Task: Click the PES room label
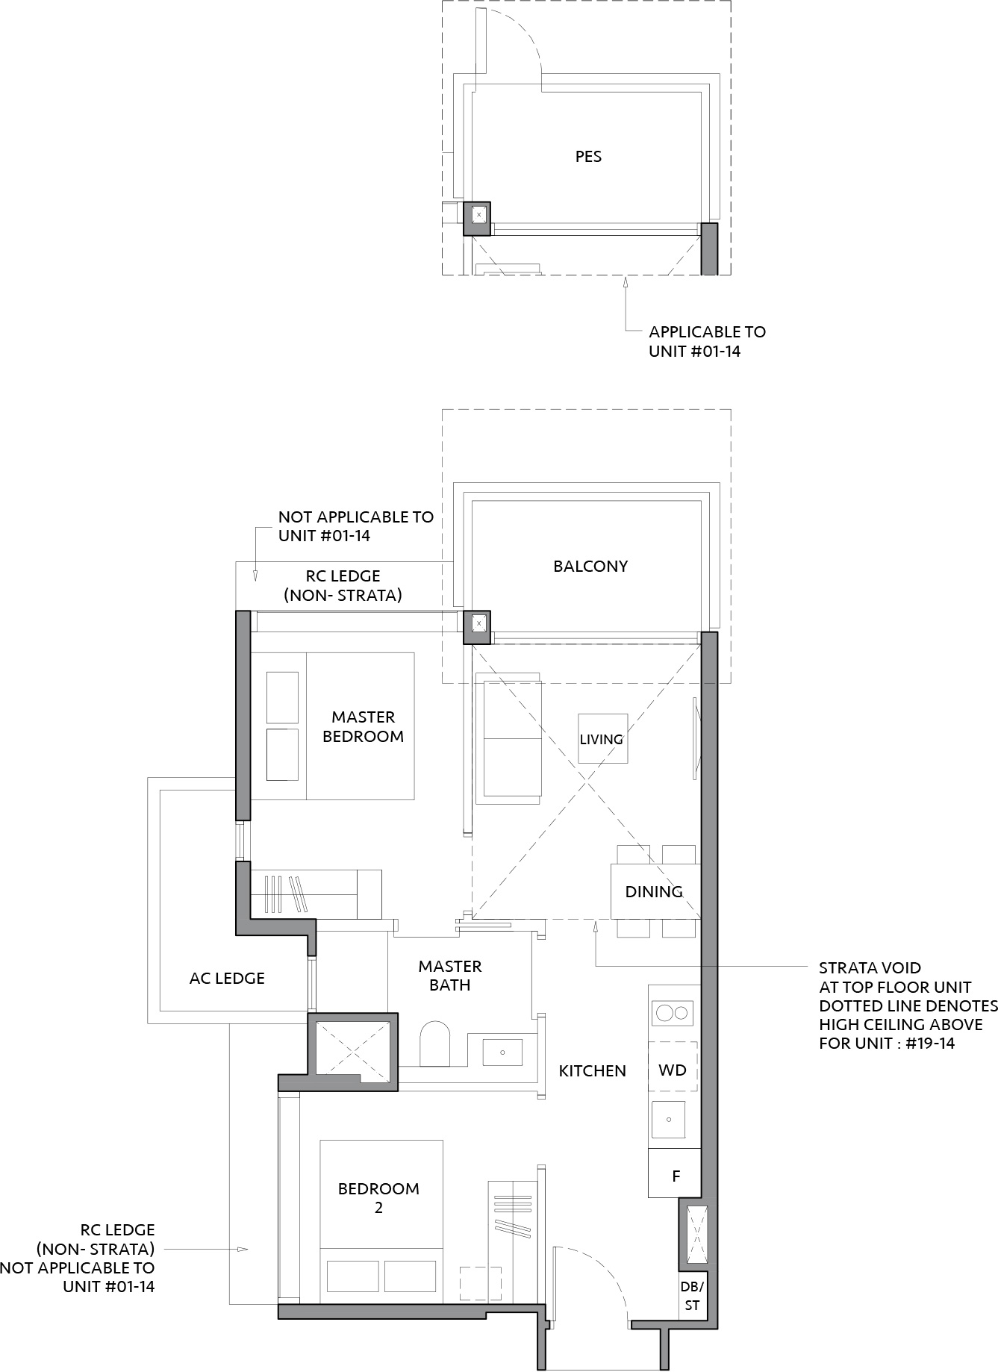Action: click(x=588, y=157)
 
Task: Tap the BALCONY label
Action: click(x=590, y=567)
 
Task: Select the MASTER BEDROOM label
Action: click(x=363, y=726)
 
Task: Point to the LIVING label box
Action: click(x=602, y=739)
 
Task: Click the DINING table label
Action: click(x=654, y=891)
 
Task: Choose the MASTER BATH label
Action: click(x=450, y=976)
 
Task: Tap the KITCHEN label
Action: click(x=593, y=1071)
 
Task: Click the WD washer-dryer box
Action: click(x=673, y=1070)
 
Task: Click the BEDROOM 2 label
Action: click(x=378, y=1198)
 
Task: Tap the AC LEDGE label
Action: click(x=227, y=979)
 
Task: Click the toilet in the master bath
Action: click(x=435, y=1044)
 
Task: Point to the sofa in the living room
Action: click(x=511, y=739)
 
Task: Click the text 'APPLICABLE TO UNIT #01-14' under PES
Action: click(x=707, y=341)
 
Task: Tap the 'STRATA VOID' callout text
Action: click(x=870, y=968)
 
